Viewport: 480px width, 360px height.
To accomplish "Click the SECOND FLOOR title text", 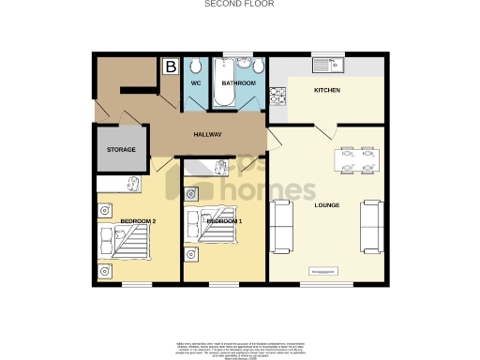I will pos(239,4).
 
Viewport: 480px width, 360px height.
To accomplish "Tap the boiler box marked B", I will pos(171,67).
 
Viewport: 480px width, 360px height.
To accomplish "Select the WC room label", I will pos(196,83).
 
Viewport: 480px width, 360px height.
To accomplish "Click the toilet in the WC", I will pos(196,67).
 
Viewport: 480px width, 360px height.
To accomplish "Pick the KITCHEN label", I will pos(326,90).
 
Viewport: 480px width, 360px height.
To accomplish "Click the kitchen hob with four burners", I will pos(277,96).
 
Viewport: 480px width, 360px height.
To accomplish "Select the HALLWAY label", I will pos(207,135).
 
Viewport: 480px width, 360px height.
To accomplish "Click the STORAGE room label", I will pos(120,150).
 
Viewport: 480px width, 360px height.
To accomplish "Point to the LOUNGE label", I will pos(326,204).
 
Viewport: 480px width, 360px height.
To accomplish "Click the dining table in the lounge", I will pos(356,160).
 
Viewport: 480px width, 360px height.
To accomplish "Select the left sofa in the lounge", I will pos(281,227).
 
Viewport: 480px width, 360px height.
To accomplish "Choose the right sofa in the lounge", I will pos(371,227).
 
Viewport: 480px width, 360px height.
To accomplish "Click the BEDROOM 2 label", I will pos(138,221).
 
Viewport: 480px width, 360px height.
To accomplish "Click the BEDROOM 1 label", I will pos(225,221).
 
